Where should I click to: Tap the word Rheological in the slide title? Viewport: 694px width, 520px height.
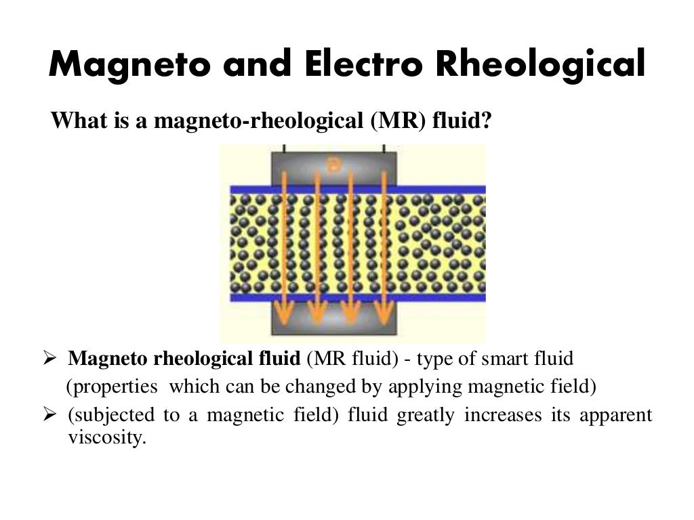pos(539,66)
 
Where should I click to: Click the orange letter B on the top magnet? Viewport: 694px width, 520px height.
pos(333,163)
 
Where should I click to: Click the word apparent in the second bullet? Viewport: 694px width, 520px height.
pos(616,415)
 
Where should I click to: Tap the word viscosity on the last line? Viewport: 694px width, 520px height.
pos(106,437)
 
